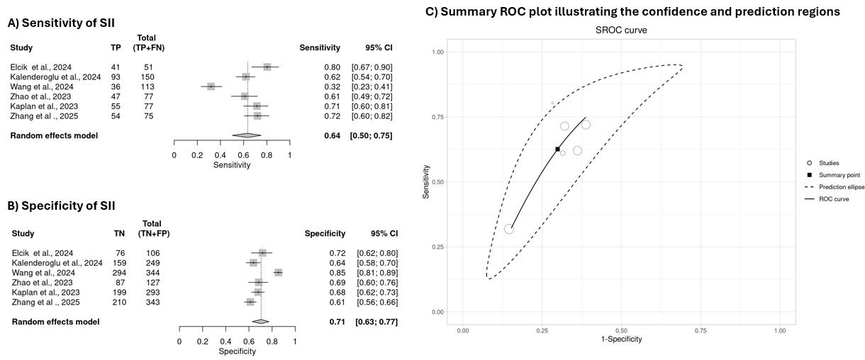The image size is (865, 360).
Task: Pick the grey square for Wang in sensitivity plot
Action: (211, 86)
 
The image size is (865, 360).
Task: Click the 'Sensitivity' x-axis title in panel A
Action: (232, 165)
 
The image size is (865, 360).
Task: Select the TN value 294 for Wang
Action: (122, 273)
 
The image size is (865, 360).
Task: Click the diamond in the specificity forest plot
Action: (261, 322)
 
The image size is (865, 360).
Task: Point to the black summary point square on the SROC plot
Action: (558, 150)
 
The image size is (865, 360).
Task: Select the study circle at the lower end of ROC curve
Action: (509, 229)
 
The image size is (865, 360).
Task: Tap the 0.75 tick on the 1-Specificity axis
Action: (701, 330)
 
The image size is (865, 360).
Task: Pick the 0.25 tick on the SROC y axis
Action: (437, 247)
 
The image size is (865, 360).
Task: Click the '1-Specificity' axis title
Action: (621, 339)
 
